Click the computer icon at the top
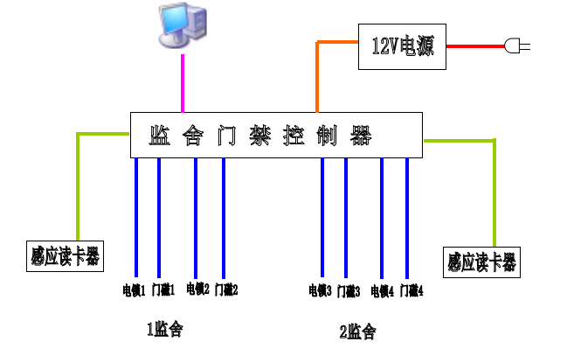coord(183,24)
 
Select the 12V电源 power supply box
coord(402,45)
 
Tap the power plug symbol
coord(516,45)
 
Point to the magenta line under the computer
coord(183,83)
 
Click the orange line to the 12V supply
coord(316,74)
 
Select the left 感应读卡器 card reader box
coord(65,256)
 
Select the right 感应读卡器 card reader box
coord(481,261)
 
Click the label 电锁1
coord(134,289)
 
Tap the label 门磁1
coord(164,289)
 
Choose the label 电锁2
coord(197,289)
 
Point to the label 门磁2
coord(226,289)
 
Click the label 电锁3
coord(320,290)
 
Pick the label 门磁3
coord(349,290)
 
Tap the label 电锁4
coord(382,290)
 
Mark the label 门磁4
coord(411,290)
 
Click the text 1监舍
coord(164,329)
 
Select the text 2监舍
coord(357,332)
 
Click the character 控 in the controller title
coord(293,136)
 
